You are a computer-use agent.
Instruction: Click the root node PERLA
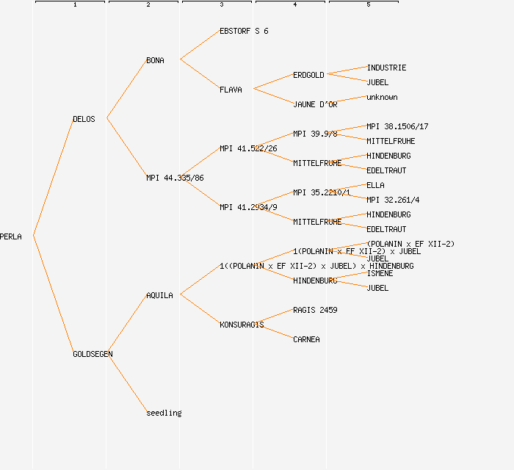point(11,236)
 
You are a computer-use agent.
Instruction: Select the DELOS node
point(84,119)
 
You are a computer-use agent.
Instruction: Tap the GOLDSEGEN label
point(93,354)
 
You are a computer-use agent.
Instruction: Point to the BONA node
point(155,60)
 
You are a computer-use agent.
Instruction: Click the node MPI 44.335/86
point(175,178)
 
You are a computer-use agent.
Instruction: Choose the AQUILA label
point(159,295)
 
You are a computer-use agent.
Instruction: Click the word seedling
point(164,413)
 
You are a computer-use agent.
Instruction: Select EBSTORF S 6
point(244,31)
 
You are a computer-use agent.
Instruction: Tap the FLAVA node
point(231,90)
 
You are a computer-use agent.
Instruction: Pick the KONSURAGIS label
point(242,325)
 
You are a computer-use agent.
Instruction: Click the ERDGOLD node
point(308,75)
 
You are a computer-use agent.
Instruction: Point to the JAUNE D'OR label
point(315,104)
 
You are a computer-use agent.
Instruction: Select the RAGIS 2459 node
point(315,310)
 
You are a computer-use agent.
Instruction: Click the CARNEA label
point(306,339)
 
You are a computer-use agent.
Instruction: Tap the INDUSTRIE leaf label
point(386,68)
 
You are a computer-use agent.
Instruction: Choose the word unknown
point(382,97)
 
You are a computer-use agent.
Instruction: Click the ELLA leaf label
point(375,185)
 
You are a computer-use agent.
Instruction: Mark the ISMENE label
point(380,273)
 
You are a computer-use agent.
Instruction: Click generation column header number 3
point(221,5)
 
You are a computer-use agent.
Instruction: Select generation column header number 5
point(368,5)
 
